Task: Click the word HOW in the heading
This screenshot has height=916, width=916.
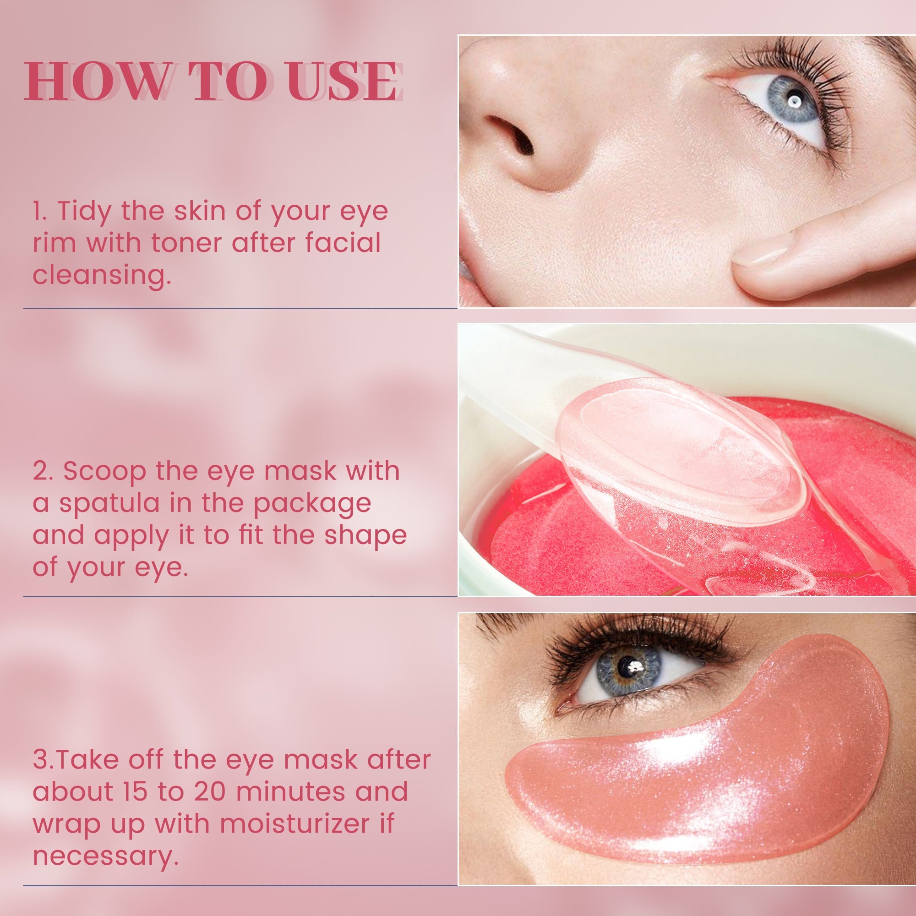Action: point(97,81)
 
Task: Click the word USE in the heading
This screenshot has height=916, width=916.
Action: point(341,81)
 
